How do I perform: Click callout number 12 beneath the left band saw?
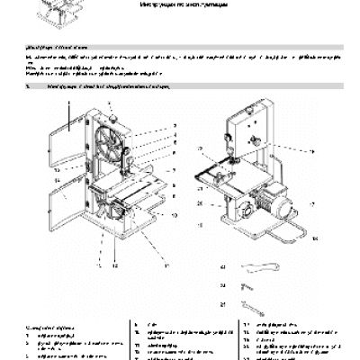click(114, 268)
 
